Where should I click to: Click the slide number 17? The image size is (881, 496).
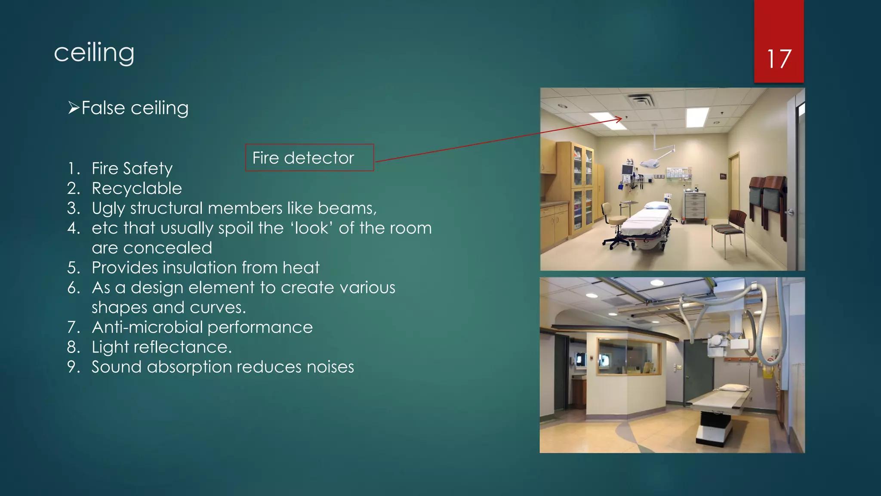pyautogui.click(x=779, y=59)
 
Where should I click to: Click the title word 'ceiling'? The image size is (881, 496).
pyautogui.click(x=94, y=53)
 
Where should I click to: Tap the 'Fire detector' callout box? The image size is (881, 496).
pyautogui.click(x=309, y=158)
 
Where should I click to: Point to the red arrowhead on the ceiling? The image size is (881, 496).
pyautogui.click(x=619, y=119)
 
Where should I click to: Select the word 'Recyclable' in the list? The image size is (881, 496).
pyautogui.click(x=137, y=188)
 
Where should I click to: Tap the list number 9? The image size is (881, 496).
pyautogui.click(x=73, y=367)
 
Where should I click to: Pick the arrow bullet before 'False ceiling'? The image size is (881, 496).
pyautogui.click(x=74, y=108)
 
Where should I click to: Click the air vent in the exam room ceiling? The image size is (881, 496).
pyautogui.click(x=641, y=101)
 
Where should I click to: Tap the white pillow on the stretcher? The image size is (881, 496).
pyautogui.click(x=657, y=206)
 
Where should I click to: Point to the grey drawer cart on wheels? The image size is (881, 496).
pyautogui.click(x=694, y=207)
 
